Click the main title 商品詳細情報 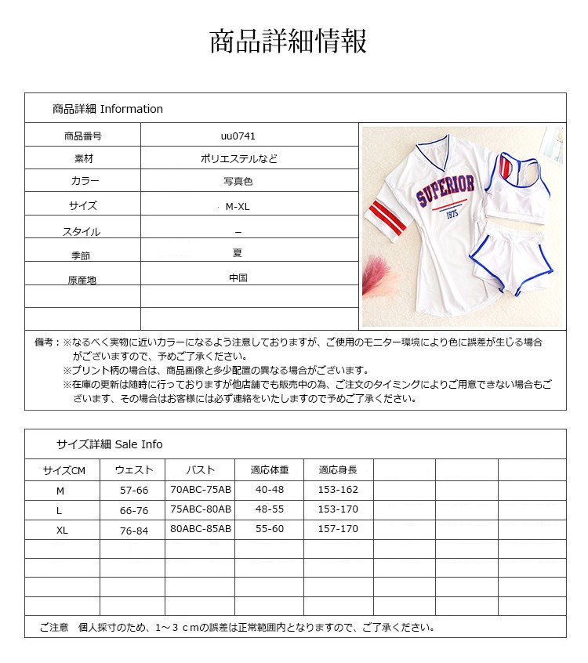[288, 42]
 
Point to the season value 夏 [238, 253]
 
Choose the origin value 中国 [238, 277]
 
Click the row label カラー [85, 181]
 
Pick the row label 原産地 [82, 280]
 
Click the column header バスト [200, 470]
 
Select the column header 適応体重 [270, 470]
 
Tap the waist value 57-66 [132, 490]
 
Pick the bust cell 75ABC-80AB [201, 509]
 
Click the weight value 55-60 [270, 529]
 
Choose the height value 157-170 [338, 529]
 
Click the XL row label [63, 530]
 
